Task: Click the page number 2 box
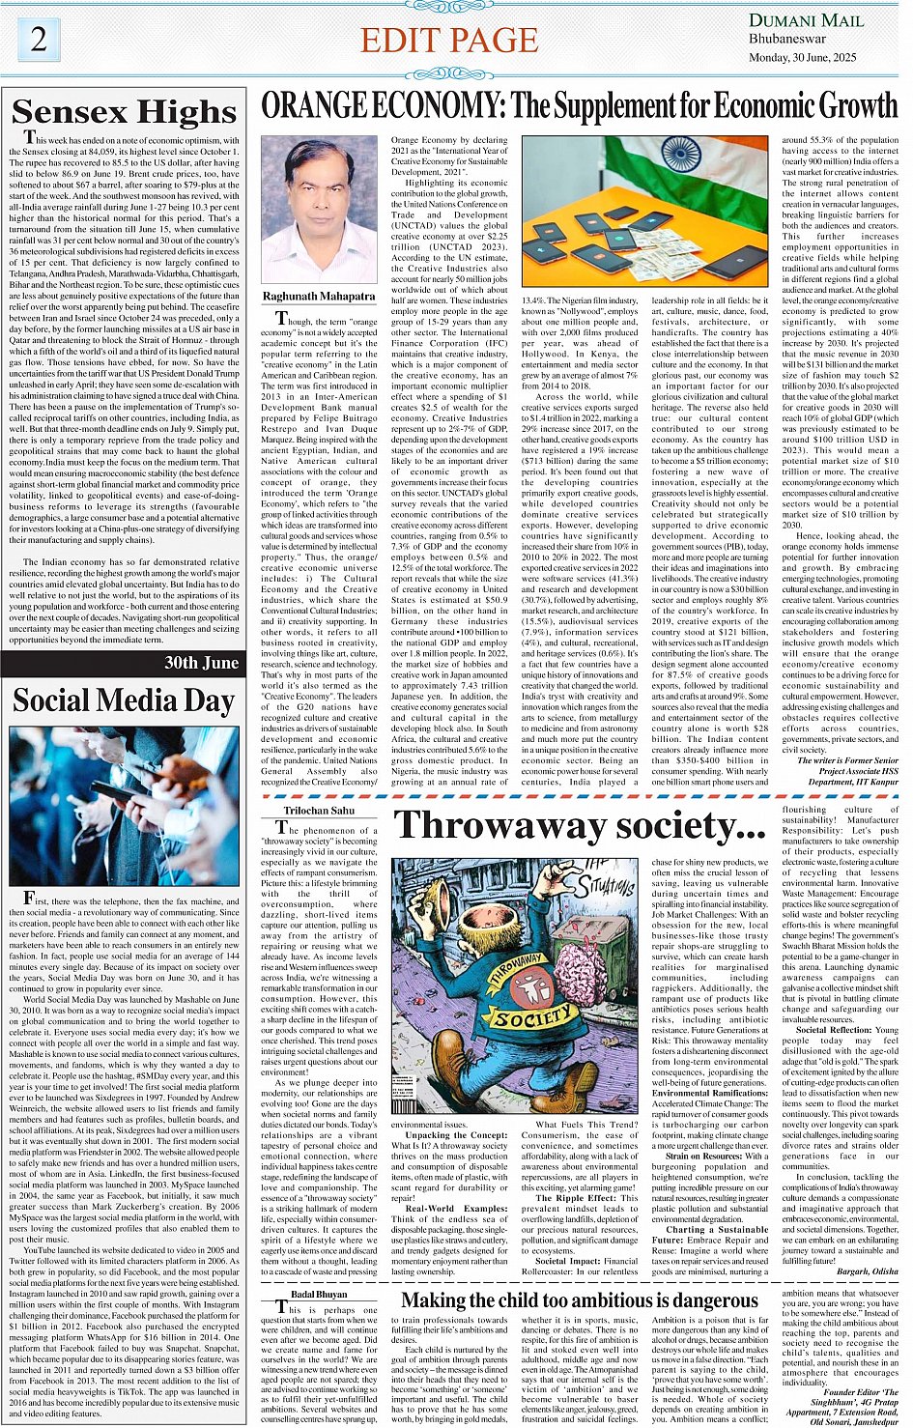pos(38,39)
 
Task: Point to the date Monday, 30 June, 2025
pos(810,57)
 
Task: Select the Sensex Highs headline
pos(125,112)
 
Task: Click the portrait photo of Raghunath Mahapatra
pos(320,209)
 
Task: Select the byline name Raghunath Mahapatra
pos(319,297)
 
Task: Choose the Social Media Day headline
pos(124,700)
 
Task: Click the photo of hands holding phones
pos(124,805)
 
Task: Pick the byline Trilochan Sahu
pos(319,811)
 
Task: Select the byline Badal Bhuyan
pos(319,1294)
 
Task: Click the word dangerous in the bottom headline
pos(701,1300)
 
